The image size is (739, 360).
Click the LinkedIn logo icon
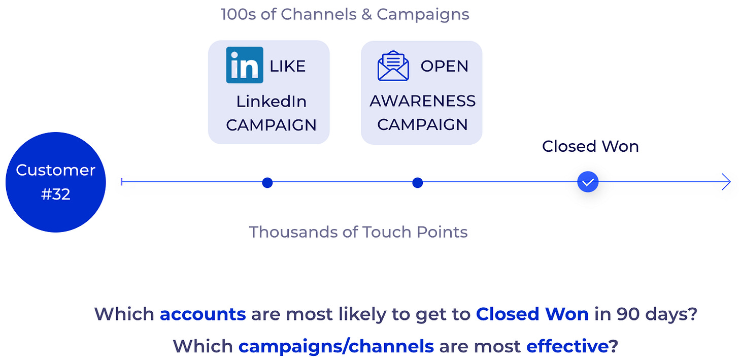(245, 65)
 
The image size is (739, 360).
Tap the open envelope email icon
(393, 66)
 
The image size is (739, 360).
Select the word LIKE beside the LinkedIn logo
(287, 66)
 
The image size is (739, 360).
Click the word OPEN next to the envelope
(445, 66)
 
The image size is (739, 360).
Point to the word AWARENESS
(422, 101)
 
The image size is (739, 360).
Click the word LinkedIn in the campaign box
(271, 102)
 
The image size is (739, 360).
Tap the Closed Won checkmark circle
(588, 182)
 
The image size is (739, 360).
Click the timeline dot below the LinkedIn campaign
(267, 182)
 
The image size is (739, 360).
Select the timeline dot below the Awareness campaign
(417, 182)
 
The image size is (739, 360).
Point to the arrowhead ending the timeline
(726, 182)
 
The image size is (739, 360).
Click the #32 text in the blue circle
(55, 194)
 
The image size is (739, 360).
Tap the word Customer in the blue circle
(55, 170)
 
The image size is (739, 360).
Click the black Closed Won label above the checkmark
(590, 146)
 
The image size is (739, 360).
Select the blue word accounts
(203, 314)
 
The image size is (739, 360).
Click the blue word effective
(567, 346)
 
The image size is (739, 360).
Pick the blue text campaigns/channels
(336, 346)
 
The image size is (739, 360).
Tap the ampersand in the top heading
(366, 15)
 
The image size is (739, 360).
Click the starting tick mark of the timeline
(122, 182)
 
